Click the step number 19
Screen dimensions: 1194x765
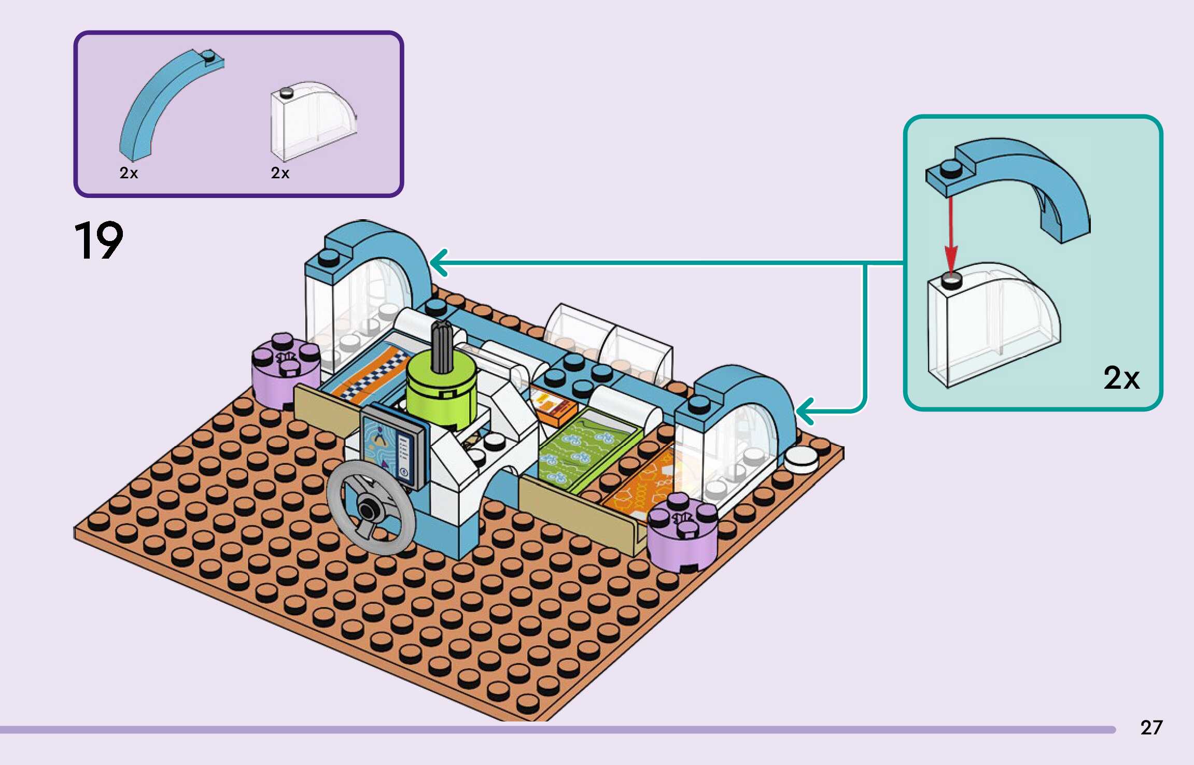(99, 240)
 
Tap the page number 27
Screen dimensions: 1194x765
(1151, 728)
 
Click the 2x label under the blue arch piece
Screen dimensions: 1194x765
(129, 173)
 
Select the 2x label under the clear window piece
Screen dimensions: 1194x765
(280, 173)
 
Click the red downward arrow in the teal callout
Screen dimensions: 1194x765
(950, 235)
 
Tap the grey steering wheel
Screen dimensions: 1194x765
(371, 507)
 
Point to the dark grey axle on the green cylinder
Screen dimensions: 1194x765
(442, 346)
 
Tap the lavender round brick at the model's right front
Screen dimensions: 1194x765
(682, 532)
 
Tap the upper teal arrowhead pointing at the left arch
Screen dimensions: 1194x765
(439, 263)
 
